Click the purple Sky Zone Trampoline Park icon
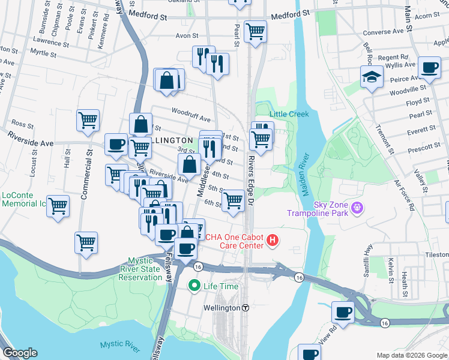coord(358,208)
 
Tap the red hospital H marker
coord(273,241)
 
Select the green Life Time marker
coord(194,286)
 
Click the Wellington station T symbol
coord(245,307)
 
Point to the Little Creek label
coord(289,114)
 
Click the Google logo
coord(20,353)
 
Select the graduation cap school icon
coord(372,76)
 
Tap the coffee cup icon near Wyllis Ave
coord(429,67)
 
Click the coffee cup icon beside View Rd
coord(343,312)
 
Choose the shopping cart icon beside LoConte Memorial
coord(58,206)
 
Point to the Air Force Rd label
coord(404,193)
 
